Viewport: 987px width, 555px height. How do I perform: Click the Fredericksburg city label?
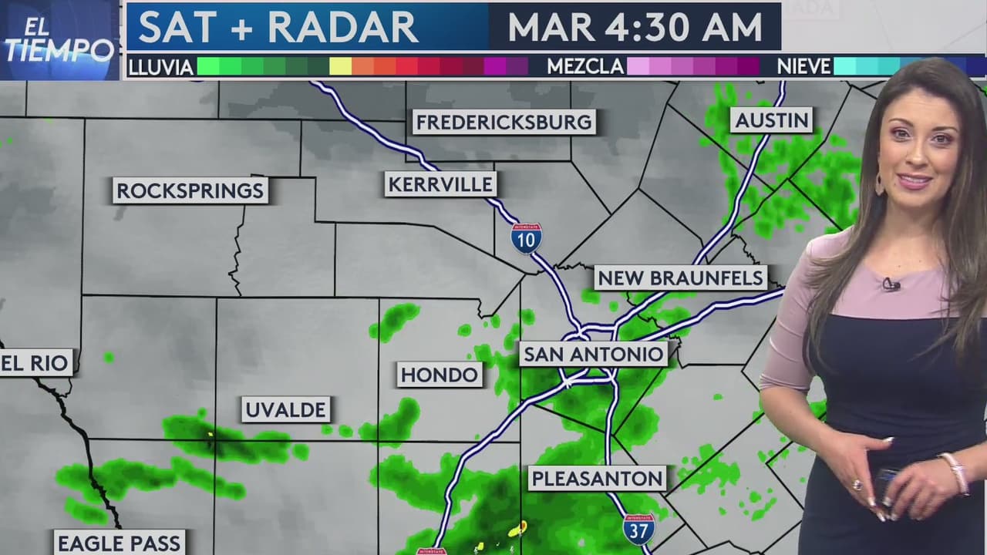point(504,122)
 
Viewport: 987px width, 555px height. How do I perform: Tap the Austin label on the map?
point(772,119)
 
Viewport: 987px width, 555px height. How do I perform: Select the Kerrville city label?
point(440,184)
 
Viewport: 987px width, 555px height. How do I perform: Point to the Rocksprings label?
point(190,190)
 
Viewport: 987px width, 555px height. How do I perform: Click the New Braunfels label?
point(680,277)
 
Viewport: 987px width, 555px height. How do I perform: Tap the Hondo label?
point(440,375)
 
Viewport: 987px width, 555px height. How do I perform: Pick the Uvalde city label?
point(286,409)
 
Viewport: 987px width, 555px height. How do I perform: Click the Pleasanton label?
point(598,478)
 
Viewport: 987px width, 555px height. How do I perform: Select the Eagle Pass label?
point(120,543)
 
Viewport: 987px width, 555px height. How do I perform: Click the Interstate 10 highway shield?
point(526,238)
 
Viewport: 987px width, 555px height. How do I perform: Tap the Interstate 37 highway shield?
point(638,529)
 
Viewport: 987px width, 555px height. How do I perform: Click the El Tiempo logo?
point(59,41)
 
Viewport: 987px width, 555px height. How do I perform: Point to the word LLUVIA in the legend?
point(160,67)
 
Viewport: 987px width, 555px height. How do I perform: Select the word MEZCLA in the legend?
point(585,67)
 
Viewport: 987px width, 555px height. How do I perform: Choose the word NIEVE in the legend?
point(803,67)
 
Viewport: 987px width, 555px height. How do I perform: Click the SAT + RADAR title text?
point(278,27)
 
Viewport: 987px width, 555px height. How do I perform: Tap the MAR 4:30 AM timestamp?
point(635,27)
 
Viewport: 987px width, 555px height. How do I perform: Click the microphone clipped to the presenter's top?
point(891,284)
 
